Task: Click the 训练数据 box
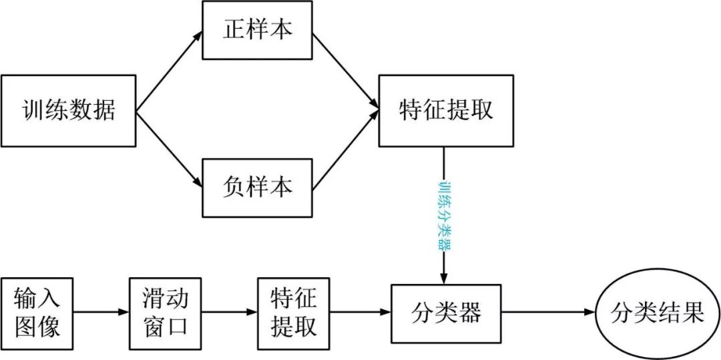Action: coord(68,110)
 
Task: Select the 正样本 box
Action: coord(257,31)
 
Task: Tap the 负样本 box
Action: coord(257,187)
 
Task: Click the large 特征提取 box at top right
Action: coord(446,110)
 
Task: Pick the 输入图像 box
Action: coord(36,312)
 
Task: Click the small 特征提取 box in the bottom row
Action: coord(293,312)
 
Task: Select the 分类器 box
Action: coord(446,312)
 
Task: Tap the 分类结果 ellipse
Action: coord(657,312)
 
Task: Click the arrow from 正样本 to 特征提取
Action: coord(345,69)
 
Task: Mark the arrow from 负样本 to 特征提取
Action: coord(345,151)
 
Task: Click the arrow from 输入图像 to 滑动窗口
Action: coord(100,312)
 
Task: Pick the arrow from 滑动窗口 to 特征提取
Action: coord(228,312)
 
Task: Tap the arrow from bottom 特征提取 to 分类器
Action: coord(359,312)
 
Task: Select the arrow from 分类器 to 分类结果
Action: coord(547,312)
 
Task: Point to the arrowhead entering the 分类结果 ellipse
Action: coord(589,312)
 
